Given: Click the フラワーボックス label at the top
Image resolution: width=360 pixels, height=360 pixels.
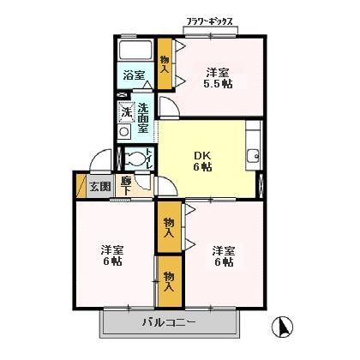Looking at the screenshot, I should pos(209,20).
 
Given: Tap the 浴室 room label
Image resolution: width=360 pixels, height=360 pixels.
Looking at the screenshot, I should pos(133,75).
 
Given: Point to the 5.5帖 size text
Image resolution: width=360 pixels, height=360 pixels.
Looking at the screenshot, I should pos(218,86).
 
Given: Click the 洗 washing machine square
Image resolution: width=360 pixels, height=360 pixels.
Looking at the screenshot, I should pos(125,112).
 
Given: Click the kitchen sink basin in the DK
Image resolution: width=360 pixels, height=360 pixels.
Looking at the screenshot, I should pos(253,155).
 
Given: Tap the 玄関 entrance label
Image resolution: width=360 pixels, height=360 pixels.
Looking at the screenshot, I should pos(99,186).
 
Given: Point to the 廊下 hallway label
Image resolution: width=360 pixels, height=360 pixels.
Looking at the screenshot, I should pos(126,184).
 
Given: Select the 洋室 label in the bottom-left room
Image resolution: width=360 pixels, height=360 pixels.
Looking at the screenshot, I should pos(111,250).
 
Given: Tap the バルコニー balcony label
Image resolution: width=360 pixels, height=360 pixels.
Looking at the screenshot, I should pos(168,322).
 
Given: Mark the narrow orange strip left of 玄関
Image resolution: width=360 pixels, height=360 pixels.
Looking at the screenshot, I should pos(81,186).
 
